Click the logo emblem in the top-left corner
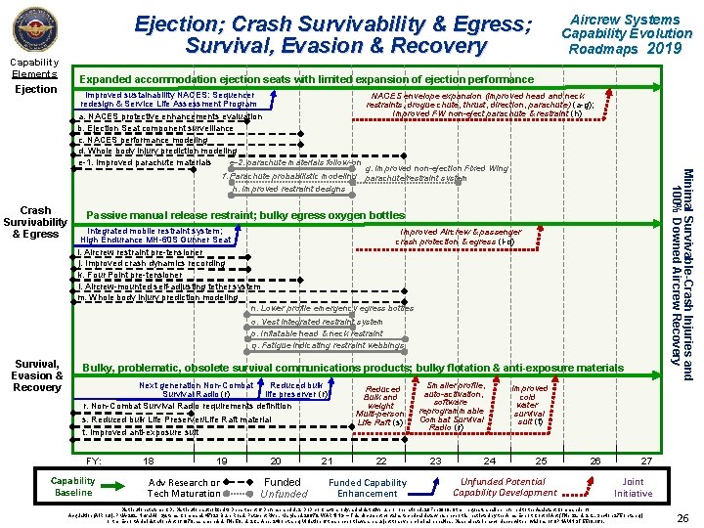34,30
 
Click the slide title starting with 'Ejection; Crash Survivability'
333,33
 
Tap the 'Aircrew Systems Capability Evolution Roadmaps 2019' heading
625,33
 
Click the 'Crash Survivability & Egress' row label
36,222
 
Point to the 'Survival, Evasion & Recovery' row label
36,375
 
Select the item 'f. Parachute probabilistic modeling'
291,177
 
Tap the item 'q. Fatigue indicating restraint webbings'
328,345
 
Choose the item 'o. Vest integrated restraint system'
317,321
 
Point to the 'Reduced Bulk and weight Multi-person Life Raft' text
381,406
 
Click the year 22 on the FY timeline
381,462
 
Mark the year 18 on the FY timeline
149,462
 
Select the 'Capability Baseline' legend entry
73,487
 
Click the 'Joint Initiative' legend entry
633,487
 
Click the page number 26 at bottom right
684,516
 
